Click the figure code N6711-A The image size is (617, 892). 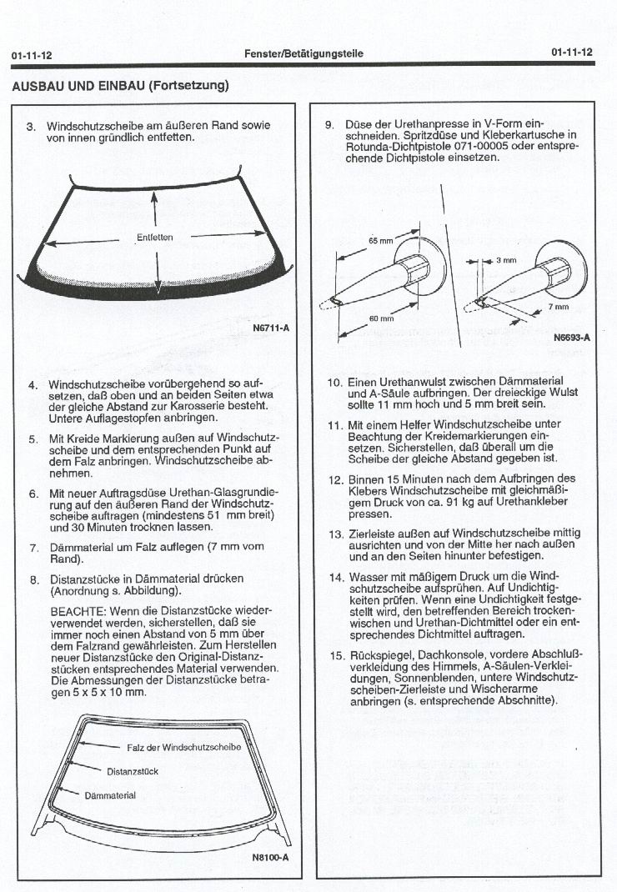click(x=270, y=327)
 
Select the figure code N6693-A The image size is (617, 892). click(x=571, y=338)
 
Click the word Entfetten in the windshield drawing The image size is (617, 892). click(x=155, y=238)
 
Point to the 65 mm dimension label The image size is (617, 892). click(x=380, y=241)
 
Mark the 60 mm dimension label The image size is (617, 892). click(x=381, y=318)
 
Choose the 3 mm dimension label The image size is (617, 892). click(x=506, y=260)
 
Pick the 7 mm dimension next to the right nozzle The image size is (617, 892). click(x=559, y=307)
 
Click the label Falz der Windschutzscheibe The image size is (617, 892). click(x=183, y=747)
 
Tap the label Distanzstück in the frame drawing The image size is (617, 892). click(x=133, y=771)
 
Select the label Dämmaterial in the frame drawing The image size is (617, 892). click(x=110, y=795)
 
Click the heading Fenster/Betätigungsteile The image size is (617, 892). click(x=304, y=53)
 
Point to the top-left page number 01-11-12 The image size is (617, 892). click(x=32, y=54)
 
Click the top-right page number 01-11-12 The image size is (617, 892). click(x=572, y=52)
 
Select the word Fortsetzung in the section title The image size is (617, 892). click(x=188, y=86)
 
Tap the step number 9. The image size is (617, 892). click(x=329, y=125)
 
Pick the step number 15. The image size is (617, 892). click(x=336, y=654)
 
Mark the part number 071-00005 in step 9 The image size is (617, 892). click(x=445, y=146)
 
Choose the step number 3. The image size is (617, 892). click(x=31, y=127)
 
